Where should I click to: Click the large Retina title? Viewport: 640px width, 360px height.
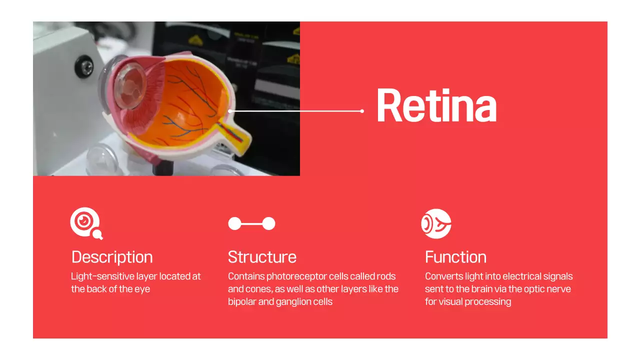pyautogui.click(x=436, y=105)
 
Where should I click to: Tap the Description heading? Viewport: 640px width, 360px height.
pyautogui.click(x=112, y=257)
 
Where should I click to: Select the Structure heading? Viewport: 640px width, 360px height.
pyautogui.click(x=262, y=257)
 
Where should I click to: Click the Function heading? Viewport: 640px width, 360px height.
pyautogui.click(x=455, y=257)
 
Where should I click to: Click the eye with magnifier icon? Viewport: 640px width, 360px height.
pyautogui.click(x=86, y=223)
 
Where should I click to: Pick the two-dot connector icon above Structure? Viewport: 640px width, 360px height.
pyautogui.click(x=251, y=223)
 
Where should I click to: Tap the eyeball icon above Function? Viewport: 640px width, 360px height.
pyautogui.click(x=436, y=223)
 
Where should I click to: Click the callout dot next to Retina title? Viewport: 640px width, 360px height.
pyautogui.click(x=362, y=111)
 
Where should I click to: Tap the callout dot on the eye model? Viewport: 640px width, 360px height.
pyautogui.click(x=229, y=111)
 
